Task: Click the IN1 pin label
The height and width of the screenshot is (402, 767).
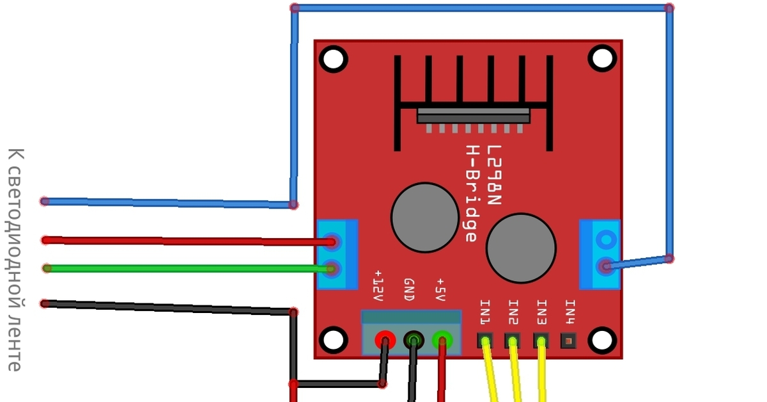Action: pyautogui.click(x=486, y=312)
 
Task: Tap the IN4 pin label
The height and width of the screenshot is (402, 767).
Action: pyautogui.click(x=569, y=312)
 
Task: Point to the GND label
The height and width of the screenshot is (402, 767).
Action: pyautogui.click(x=409, y=289)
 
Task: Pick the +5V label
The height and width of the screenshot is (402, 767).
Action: pyautogui.click(x=440, y=289)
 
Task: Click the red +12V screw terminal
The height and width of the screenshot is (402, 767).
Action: pyautogui.click(x=385, y=339)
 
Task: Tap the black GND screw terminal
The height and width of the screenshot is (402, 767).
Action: pyautogui.click(x=414, y=339)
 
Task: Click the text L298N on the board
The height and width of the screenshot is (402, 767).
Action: pyautogui.click(x=493, y=174)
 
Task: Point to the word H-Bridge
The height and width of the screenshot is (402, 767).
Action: pyautogui.click(x=471, y=193)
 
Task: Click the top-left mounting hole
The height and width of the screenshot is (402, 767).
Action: pyautogui.click(x=333, y=59)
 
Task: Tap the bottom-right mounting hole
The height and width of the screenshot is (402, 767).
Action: pyautogui.click(x=602, y=340)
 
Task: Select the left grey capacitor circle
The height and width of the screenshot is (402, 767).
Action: pyautogui.click(x=424, y=217)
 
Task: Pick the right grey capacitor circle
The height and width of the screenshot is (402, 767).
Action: pyautogui.click(x=521, y=248)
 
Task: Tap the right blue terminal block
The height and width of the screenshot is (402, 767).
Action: pyautogui.click(x=600, y=254)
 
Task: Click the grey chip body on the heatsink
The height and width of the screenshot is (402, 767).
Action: pyautogui.click(x=473, y=115)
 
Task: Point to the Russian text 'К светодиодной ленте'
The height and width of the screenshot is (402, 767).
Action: pyautogui.click(x=15, y=259)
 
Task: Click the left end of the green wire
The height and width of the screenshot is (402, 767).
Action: pyautogui.click(x=47, y=268)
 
